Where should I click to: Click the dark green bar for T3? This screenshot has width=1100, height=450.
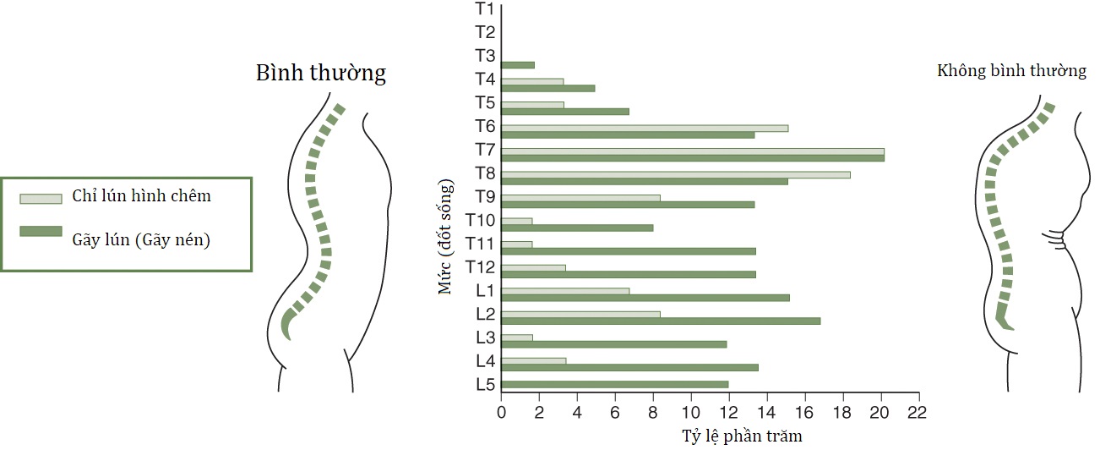click(x=518, y=64)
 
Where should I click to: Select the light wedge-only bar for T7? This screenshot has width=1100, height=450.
click(x=693, y=152)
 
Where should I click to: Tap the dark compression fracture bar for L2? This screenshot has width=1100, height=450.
click(x=661, y=321)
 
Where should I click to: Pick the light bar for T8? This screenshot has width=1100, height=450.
click(x=676, y=175)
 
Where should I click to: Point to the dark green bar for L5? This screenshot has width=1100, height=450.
click(x=615, y=384)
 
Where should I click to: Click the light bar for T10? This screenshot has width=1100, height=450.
click(x=517, y=222)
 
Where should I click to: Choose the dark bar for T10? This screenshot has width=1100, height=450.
click(x=577, y=228)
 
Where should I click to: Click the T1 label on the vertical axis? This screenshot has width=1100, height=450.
click(x=484, y=9)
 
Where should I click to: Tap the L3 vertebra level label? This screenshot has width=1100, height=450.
click(x=485, y=337)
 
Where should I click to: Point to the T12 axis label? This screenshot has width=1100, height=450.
click(x=481, y=267)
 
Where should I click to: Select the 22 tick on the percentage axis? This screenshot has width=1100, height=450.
click(x=917, y=413)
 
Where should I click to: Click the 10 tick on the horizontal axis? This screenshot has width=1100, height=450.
click(x=691, y=413)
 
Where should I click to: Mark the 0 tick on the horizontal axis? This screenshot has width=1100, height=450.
click(x=502, y=413)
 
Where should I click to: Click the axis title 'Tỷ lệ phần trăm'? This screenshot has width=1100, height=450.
click(x=742, y=436)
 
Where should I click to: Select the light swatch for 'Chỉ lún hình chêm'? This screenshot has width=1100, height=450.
click(x=41, y=199)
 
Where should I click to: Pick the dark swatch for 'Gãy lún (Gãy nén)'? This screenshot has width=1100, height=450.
click(x=41, y=232)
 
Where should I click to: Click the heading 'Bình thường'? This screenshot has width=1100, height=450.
click(x=321, y=73)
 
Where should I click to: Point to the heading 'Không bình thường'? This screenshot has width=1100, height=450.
click(x=1011, y=71)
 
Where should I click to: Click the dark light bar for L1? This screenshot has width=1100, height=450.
click(x=565, y=291)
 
